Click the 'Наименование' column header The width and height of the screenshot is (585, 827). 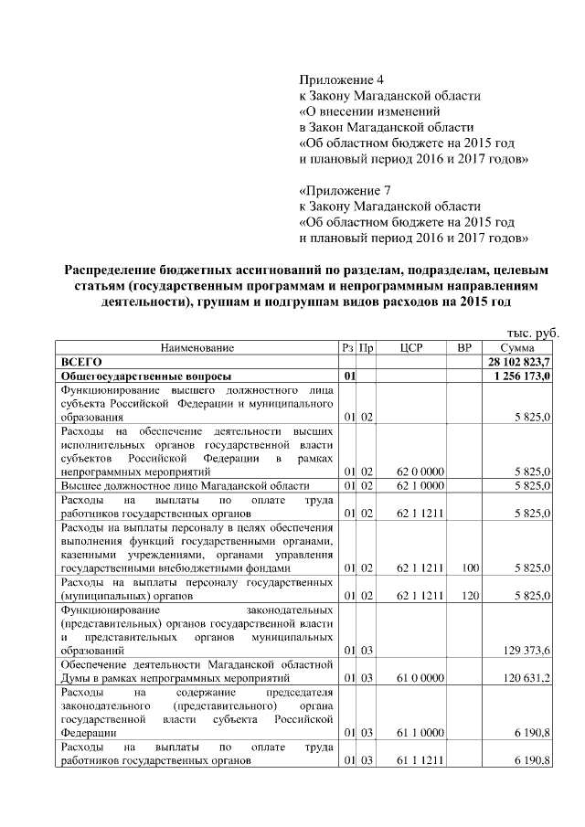tap(197, 348)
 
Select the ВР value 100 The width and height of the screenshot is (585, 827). tap(471, 567)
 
